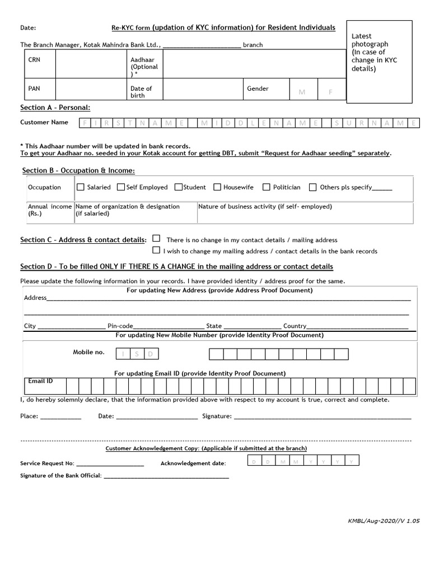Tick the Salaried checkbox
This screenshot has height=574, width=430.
pos(80,187)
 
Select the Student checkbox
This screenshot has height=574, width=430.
pos(179,187)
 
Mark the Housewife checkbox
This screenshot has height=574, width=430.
pos(217,187)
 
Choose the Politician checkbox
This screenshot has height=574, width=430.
pos(267,187)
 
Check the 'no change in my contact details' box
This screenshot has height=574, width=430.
pos(156,238)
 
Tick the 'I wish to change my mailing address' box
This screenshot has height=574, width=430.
pos(156,251)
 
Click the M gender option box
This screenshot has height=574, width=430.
pos(302,91)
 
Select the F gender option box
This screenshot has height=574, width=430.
pos(330,91)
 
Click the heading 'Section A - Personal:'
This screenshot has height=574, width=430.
pos(55,108)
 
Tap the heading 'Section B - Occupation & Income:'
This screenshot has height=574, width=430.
pos(78,170)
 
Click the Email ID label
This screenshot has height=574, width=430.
pos(40,381)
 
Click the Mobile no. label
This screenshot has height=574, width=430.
pos(88,352)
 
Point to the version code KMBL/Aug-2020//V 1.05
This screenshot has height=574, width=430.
pos(384,521)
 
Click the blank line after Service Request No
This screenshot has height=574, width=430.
pos(110,464)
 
